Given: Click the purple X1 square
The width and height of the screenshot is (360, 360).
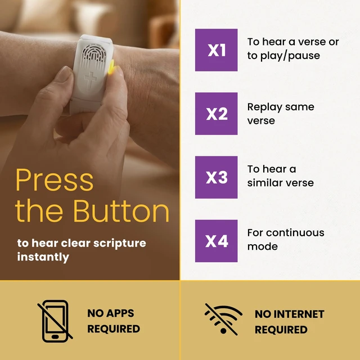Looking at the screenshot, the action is (x=216, y=50).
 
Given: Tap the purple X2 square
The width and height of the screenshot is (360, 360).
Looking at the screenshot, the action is (x=216, y=114).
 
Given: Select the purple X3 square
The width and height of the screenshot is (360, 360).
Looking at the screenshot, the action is (x=216, y=177).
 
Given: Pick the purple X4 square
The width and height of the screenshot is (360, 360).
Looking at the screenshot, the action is (x=216, y=241).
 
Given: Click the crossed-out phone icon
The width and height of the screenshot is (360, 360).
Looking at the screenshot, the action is (x=55, y=321).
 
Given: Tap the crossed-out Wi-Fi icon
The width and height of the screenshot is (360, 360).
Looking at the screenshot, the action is (x=223, y=319).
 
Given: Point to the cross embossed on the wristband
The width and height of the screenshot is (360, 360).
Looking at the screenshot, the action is (x=90, y=81).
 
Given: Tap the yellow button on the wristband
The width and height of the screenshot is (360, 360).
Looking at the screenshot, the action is (x=111, y=67).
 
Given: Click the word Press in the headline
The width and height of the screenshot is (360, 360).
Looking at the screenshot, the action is (x=55, y=180).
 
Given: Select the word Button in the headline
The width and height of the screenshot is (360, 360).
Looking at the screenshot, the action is (x=121, y=211).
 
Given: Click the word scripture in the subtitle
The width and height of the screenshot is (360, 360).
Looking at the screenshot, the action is (x=120, y=244).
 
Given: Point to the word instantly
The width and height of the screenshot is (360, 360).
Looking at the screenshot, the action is (x=43, y=257).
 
